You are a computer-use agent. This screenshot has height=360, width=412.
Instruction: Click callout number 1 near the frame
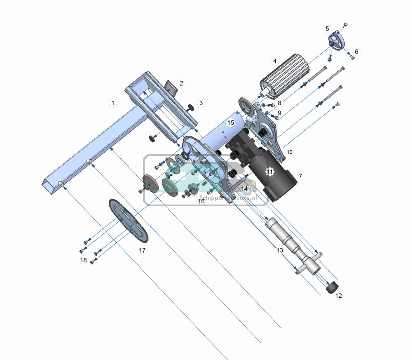pos(112,102)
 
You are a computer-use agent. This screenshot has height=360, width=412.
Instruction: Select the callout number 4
pos(274,61)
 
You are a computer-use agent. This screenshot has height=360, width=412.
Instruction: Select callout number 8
pos(279,103)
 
